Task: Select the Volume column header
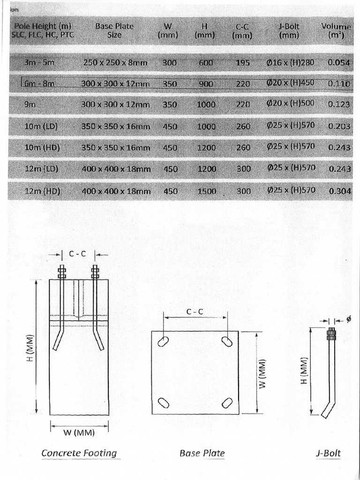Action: click(336, 30)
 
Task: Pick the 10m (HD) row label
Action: click(42, 147)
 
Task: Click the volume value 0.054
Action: click(339, 63)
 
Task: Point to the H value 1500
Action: click(206, 191)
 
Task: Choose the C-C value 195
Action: click(242, 63)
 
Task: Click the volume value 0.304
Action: click(340, 191)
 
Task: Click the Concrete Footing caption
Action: click(79, 453)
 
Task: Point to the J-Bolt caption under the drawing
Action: click(328, 453)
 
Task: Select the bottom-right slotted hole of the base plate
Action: click(227, 403)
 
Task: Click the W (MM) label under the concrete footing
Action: click(79, 432)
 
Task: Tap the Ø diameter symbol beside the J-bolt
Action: click(348, 320)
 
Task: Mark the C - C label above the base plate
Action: click(195, 311)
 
